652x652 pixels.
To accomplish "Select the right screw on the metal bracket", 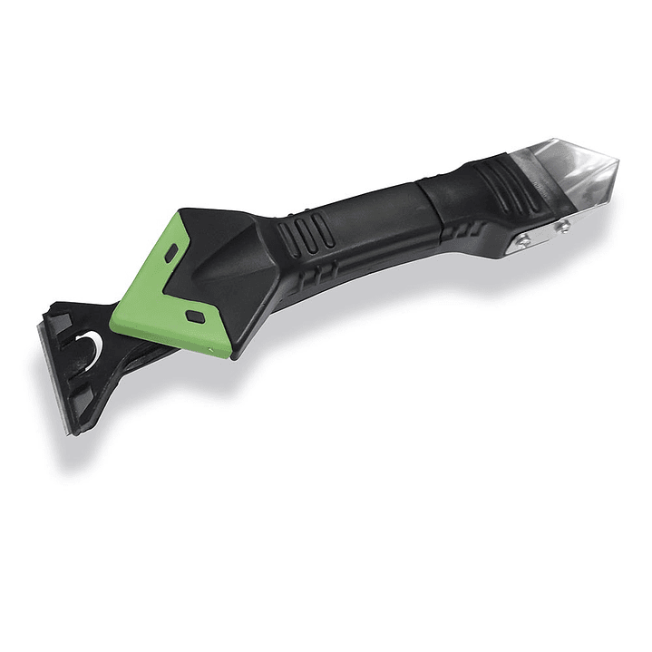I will [563, 224].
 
